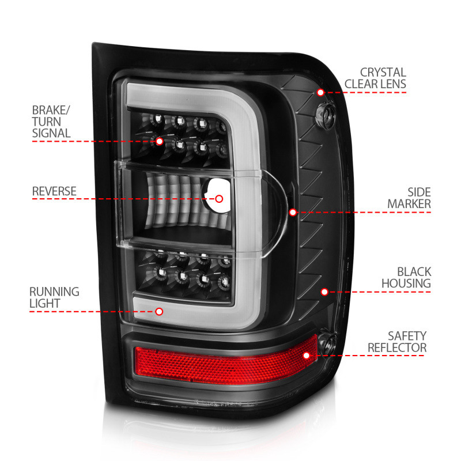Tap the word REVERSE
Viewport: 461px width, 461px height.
coord(54,191)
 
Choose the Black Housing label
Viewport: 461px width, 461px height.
coord(406,277)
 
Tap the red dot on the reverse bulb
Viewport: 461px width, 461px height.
coord(219,199)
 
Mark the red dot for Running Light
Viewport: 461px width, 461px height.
coord(160,312)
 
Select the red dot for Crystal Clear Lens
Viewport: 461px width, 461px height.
coord(320,92)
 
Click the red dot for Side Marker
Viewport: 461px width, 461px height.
coord(293,212)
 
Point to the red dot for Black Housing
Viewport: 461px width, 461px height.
coord(324,292)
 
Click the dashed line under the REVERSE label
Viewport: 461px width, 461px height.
coord(115,199)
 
